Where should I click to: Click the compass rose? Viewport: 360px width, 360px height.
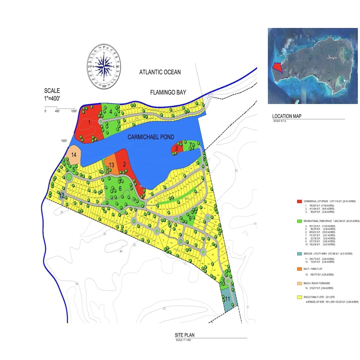(104, 66)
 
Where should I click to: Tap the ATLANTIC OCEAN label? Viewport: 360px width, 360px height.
(160, 72)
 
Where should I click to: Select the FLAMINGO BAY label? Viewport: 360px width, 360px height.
(168, 93)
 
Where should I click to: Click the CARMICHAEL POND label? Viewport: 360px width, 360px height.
(151, 137)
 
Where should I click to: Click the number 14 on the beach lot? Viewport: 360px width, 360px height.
(74, 155)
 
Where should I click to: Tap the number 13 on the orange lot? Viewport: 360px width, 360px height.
(111, 165)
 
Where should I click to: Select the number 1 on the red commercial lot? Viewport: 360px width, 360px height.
(89, 122)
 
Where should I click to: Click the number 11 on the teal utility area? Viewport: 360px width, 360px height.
(228, 299)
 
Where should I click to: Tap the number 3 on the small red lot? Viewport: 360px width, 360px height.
(176, 148)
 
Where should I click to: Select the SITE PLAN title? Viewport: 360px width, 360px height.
(184, 335)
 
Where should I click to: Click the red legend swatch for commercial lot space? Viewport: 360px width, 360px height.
(299, 201)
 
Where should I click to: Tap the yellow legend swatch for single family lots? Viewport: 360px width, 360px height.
(299, 297)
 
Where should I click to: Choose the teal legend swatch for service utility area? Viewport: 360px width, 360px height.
(299, 254)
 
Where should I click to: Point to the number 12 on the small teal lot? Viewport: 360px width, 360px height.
(62, 195)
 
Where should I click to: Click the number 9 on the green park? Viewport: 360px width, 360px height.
(190, 218)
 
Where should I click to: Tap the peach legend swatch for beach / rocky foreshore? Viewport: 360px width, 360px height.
(299, 283)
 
